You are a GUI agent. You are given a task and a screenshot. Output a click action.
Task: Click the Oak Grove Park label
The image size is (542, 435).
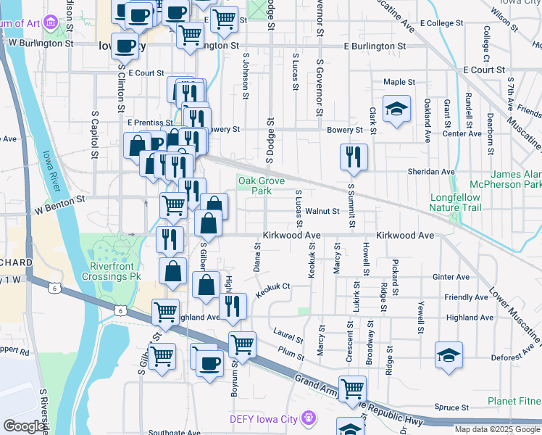251,186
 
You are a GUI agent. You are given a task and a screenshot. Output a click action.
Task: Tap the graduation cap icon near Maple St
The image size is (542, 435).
396,108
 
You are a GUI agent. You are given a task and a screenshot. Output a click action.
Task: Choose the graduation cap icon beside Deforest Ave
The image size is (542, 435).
449,355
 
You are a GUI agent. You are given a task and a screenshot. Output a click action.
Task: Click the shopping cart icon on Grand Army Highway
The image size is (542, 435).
352,388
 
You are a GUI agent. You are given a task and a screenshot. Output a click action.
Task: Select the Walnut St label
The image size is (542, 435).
322,212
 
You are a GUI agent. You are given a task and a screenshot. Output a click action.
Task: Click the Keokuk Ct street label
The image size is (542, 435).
272,286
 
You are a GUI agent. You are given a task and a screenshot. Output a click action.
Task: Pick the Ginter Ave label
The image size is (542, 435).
451,277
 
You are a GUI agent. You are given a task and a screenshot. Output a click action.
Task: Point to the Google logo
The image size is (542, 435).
24,426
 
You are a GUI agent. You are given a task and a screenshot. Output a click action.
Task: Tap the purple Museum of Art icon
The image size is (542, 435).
51,22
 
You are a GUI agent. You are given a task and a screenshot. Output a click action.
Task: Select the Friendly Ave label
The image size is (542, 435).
466,297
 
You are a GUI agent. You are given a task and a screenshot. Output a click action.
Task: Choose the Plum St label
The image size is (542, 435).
291,355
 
